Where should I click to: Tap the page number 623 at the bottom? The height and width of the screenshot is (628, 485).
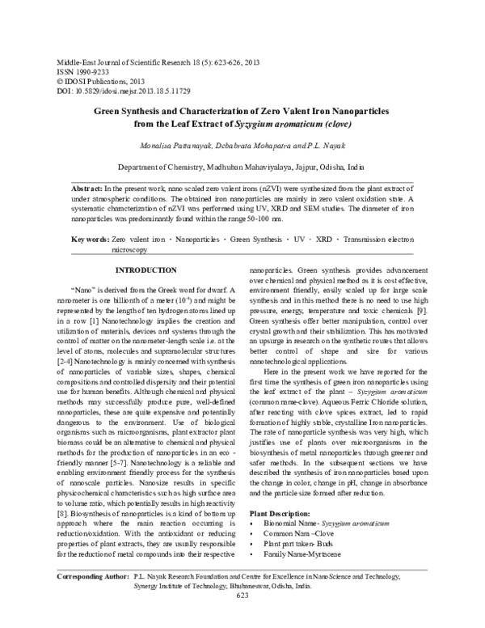pos(242,619)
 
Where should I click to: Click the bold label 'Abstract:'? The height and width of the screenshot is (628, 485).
pos(87,186)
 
